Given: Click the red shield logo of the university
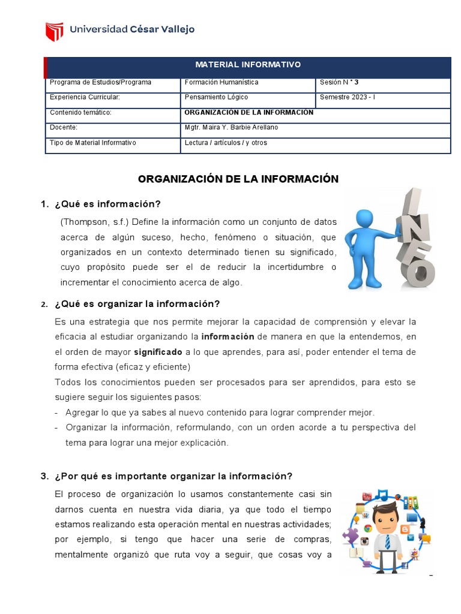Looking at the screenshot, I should point(55,31).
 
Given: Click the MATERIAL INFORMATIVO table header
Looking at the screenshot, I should point(248,65).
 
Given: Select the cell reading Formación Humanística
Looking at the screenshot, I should point(221,82).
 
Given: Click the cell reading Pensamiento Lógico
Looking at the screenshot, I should point(216,97).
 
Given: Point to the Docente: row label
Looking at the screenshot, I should point(64,128).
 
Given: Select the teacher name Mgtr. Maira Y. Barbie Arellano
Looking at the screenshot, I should point(231,128).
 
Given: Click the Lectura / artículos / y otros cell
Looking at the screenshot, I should point(226,143).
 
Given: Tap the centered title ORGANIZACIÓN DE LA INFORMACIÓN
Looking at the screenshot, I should point(238,179).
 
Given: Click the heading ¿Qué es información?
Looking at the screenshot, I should point(107,204).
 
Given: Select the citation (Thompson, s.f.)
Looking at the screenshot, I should point(94,222).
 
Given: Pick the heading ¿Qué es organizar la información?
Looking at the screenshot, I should point(137,303).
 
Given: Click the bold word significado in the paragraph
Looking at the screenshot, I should point(158,352).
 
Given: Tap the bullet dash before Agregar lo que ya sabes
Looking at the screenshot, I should point(56,413).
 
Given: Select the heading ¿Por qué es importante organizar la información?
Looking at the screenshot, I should point(173,476).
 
